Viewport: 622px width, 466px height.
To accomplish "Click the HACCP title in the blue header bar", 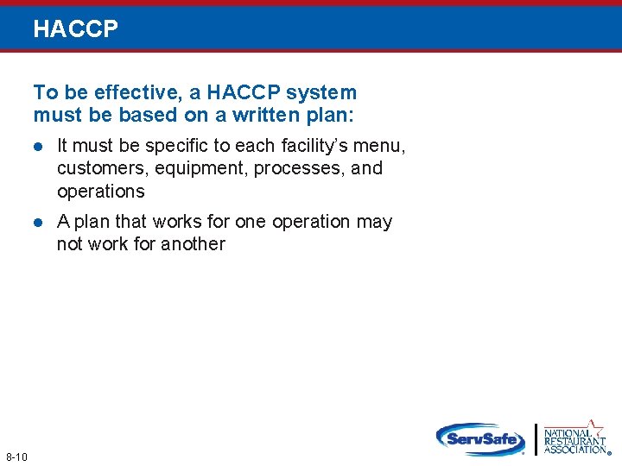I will click(75, 29).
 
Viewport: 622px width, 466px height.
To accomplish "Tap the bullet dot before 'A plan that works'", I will click(38, 223).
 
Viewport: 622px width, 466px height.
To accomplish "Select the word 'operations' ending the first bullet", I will click(100, 191).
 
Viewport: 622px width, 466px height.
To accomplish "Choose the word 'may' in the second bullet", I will click(374, 222).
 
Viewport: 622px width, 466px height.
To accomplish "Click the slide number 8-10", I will click(16, 457).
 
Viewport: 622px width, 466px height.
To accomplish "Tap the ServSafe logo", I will click(480, 438).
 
